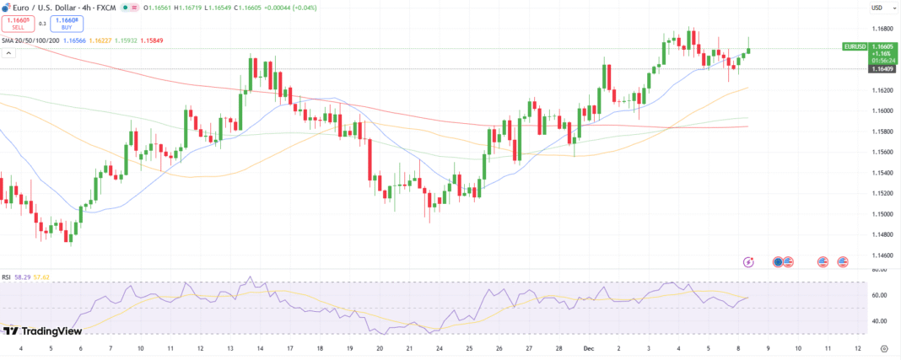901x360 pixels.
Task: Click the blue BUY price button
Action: pos(65,23)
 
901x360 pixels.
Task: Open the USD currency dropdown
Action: pos(877,8)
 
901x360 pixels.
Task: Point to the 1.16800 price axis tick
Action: pos(882,28)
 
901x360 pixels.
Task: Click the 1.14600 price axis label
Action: pos(882,255)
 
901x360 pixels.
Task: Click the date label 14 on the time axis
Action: pos(260,347)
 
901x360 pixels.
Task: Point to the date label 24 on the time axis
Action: pos(440,347)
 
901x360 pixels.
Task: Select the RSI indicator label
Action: pos(6,277)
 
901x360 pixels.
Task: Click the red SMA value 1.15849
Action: pos(153,40)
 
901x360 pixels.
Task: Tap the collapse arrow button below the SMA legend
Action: pos(9,52)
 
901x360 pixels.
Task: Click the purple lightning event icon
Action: pos(748,262)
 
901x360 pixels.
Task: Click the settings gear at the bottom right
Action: pos(883,347)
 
